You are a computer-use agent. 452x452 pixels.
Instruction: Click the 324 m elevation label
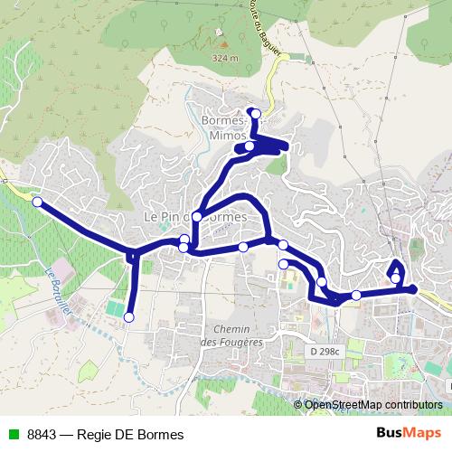point(224,59)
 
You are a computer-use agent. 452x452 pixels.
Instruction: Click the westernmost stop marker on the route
point(37,202)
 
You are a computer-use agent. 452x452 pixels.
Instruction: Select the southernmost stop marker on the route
point(128,317)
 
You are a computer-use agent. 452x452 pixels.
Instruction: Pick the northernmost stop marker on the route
point(256,113)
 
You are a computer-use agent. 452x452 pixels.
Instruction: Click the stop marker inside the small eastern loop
point(396,278)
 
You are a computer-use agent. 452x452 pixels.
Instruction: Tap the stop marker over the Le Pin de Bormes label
point(197,216)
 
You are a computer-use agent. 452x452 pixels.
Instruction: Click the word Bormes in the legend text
point(163,435)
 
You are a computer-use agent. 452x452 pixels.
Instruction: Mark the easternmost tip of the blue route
point(415,289)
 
